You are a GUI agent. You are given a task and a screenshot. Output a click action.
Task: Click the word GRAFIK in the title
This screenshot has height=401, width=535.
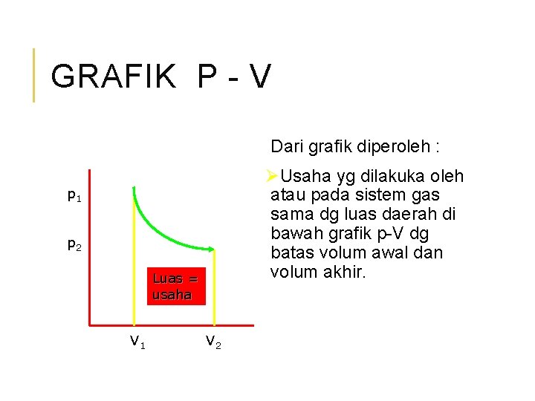(x=114, y=76)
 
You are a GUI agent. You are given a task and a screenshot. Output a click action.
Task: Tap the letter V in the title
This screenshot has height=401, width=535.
(x=259, y=76)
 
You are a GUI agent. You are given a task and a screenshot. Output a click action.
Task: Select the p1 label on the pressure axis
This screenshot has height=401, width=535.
(x=74, y=196)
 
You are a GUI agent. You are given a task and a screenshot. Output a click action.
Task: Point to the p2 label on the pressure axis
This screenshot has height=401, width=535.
(x=74, y=244)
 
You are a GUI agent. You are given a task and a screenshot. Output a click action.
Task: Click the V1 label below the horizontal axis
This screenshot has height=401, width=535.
(x=137, y=341)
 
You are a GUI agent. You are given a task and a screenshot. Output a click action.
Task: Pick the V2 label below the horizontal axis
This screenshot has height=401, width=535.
(x=213, y=341)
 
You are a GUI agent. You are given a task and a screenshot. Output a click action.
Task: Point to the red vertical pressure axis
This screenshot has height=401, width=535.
(x=89, y=252)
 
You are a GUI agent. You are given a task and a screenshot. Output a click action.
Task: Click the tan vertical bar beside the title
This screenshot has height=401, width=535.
(x=33, y=74)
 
